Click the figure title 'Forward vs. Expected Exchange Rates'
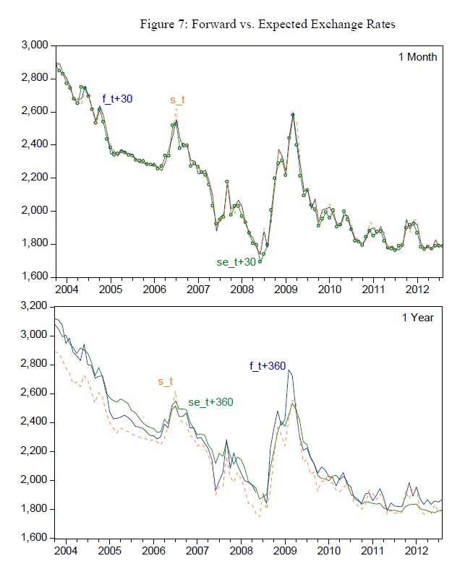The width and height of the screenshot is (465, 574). pyautogui.click(x=289, y=25)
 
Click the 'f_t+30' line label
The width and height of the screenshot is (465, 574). pyautogui.click(x=117, y=98)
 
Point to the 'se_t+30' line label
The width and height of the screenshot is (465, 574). pyautogui.click(x=236, y=261)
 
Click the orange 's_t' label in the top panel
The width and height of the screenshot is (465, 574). pyautogui.click(x=177, y=99)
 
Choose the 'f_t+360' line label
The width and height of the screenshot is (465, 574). pyautogui.click(x=266, y=365)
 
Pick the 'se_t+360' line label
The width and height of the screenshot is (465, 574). pyautogui.click(x=210, y=402)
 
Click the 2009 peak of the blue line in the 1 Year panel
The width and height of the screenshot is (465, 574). pyautogui.click(x=289, y=370)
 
